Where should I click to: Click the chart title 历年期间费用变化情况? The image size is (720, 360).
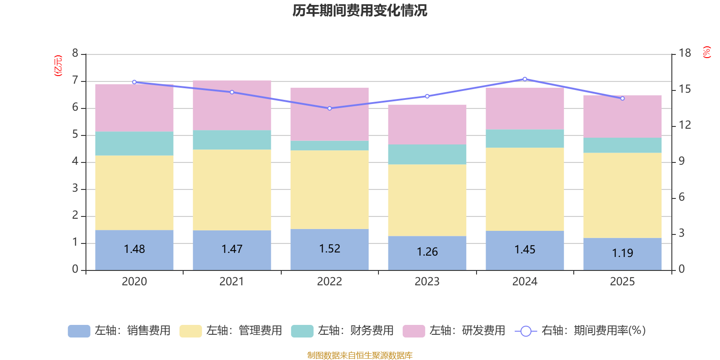(x=360, y=10)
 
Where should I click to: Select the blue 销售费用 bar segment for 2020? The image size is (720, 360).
(x=134, y=259)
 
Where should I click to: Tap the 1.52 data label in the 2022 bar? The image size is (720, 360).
(x=329, y=249)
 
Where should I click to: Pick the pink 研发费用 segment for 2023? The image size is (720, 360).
(x=427, y=125)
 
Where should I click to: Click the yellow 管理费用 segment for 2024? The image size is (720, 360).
(x=525, y=189)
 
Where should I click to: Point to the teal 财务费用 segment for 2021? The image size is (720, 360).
(x=232, y=140)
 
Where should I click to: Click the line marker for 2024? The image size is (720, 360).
(x=525, y=79)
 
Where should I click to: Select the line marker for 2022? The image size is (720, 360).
(x=329, y=108)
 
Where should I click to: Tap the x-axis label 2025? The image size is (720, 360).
(x=622, y=282)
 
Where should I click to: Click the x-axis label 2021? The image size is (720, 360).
(x=232, y=282)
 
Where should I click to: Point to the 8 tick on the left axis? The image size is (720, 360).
(x=75, y=54)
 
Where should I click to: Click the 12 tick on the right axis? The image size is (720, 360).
(x=685, y=125)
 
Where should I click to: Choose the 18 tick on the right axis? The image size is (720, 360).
(x=685, y=53)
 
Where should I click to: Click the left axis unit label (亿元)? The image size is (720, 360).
(x=58, y=66)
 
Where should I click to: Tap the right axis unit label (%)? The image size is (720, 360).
(x=707, y=52)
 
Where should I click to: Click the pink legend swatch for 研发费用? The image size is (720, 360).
(x=414, y=331)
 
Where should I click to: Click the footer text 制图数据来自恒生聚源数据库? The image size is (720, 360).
(x=360, y=355)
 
